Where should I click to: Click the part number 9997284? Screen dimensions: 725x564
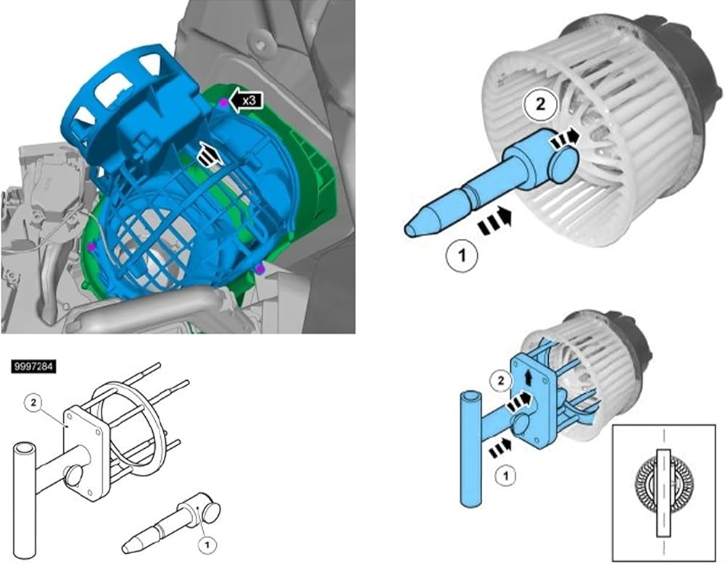[34, 367]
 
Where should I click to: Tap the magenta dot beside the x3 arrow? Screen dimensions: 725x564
[223, 103]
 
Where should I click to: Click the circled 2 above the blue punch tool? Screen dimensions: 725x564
[540, 104]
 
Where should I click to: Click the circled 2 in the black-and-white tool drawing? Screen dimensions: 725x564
[33, 403]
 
